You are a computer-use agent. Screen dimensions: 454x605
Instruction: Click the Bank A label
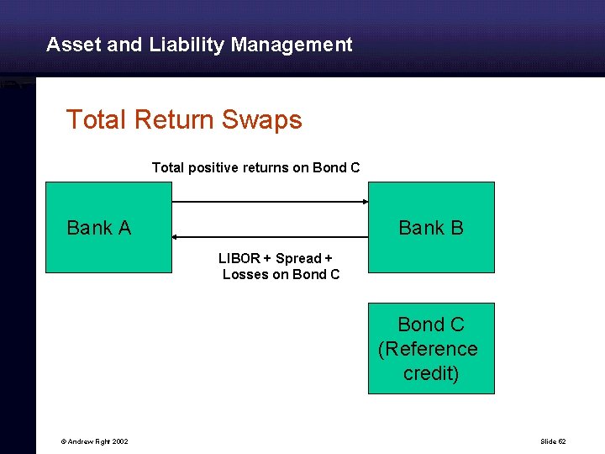(x=98, y=228)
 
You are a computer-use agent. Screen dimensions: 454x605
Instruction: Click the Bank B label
(x=430, y=228)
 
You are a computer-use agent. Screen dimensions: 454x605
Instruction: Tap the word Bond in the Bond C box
(x=420, y=325)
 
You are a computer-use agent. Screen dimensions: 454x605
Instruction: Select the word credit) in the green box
(x=431, y=373)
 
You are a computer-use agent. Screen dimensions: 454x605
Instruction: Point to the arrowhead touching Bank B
(x=365, y=202)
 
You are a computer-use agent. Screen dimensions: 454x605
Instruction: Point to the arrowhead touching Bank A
(x=176, y=239)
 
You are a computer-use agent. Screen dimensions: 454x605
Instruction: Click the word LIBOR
(x=239, y=259)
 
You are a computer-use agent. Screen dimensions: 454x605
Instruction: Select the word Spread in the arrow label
(x=298, y=259)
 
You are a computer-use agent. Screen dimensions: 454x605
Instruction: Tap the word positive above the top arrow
(x=213, y=167)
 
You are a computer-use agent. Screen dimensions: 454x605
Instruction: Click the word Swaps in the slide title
(x=262, y=119)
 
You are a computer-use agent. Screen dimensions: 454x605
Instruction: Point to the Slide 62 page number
(x=553, y=441)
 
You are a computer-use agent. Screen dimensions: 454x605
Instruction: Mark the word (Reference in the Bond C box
(x=428, y=349)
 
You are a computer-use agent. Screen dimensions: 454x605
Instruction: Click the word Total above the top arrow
(x=167, y=167)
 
